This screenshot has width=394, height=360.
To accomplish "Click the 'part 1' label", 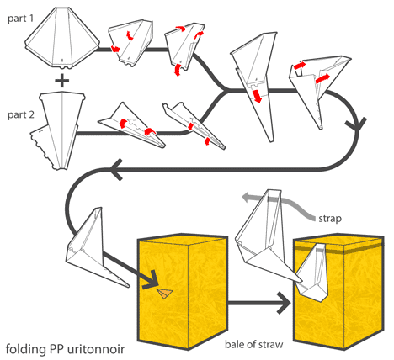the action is click(20, 19).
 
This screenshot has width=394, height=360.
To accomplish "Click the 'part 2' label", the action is click(21, 115).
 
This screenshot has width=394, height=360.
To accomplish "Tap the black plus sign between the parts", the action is click(62, 81).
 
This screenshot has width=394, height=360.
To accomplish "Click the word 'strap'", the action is click(330, 218).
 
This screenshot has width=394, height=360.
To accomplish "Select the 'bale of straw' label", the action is click(254, 344).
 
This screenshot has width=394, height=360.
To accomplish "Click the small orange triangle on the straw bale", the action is click(164, 293).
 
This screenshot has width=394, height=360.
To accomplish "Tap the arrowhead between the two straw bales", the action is click(284, 303).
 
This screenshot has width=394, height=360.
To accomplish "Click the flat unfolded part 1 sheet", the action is click(62, 38).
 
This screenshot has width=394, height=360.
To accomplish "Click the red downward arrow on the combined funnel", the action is click(257, 96).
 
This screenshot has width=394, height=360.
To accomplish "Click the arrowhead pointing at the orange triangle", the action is click(151, 280).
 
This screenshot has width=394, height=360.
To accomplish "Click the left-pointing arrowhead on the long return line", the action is click(117, 169).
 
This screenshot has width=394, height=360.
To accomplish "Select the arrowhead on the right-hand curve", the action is click(356, 125).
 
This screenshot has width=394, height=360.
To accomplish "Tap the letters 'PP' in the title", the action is click(57, 349).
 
